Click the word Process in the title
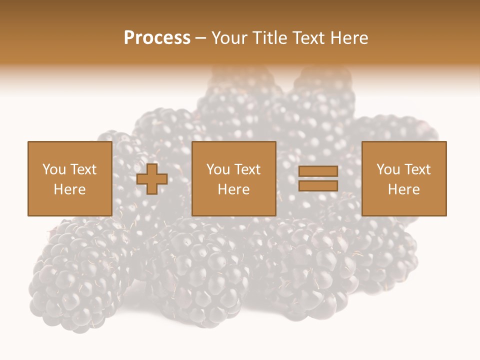coord(157,38)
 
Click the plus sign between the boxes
coord(152,179)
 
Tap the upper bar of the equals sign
coord(318,172)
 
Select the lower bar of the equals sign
coord(318,186)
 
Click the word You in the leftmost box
coord(54,169)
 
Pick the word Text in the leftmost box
coord(83,169)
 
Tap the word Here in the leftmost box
coord(69,189)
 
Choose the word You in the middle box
coord(218,169)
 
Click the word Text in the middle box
coord(247,169)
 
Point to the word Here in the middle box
coord(233,189)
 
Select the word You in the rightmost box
coord(388,169)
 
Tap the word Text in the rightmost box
coord(417,169)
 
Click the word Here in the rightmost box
coord(403,189)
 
